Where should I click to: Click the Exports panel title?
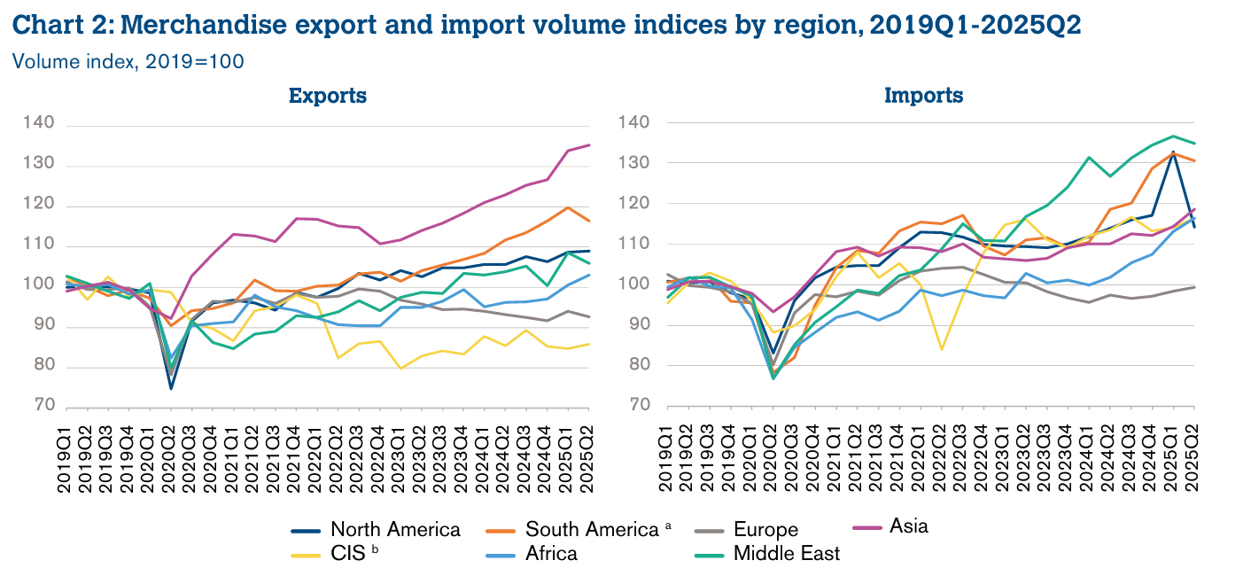327,96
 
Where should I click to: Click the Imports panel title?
924,96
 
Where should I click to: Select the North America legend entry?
395,530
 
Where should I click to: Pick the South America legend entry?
592,530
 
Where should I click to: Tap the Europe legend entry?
765,530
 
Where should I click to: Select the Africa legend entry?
551,554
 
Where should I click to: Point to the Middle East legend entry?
787,554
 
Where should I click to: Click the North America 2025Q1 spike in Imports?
1174,152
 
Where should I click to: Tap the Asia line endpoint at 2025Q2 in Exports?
589,145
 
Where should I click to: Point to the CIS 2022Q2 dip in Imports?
941,349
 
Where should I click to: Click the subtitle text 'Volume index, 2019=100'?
128,62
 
